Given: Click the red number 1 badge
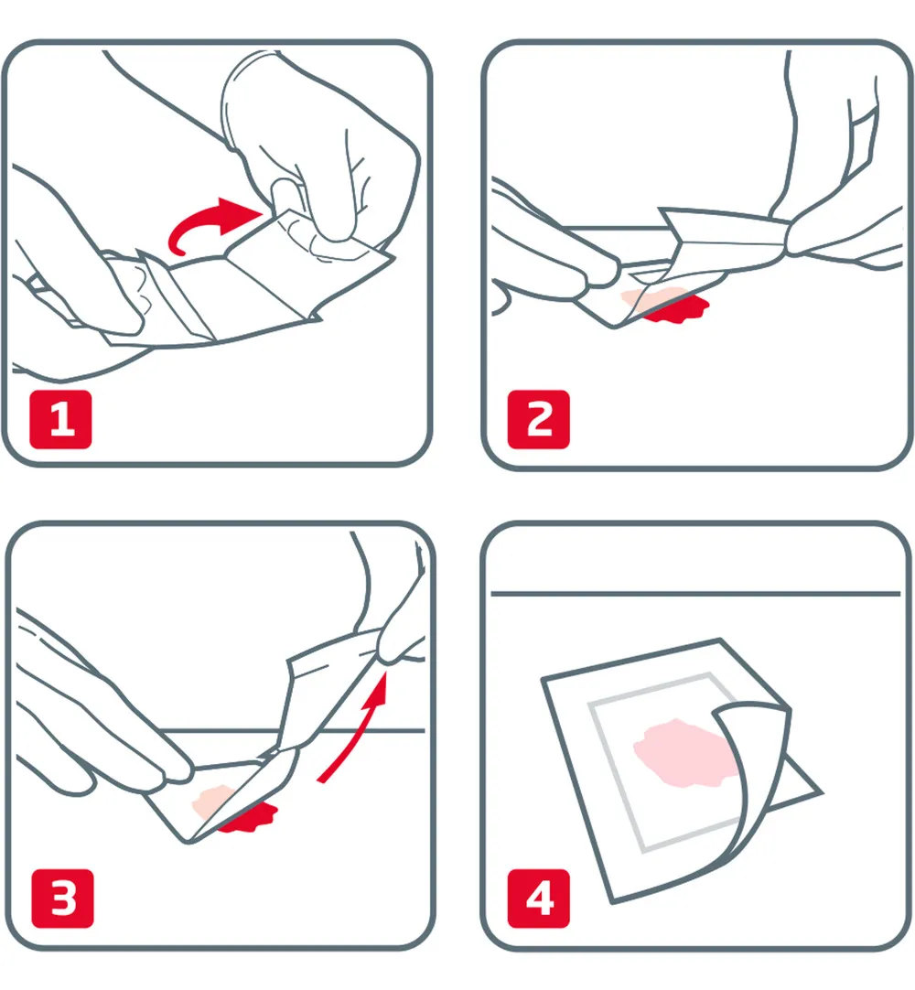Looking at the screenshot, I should pos(60,420).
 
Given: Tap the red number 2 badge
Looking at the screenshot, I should pos(539,420).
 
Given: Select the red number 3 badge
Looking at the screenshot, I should pos(63,900).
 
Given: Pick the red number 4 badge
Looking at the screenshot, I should pos(539,900).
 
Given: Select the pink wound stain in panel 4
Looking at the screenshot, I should pos(682,750).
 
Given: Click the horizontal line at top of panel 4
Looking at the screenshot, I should pos(695,594).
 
